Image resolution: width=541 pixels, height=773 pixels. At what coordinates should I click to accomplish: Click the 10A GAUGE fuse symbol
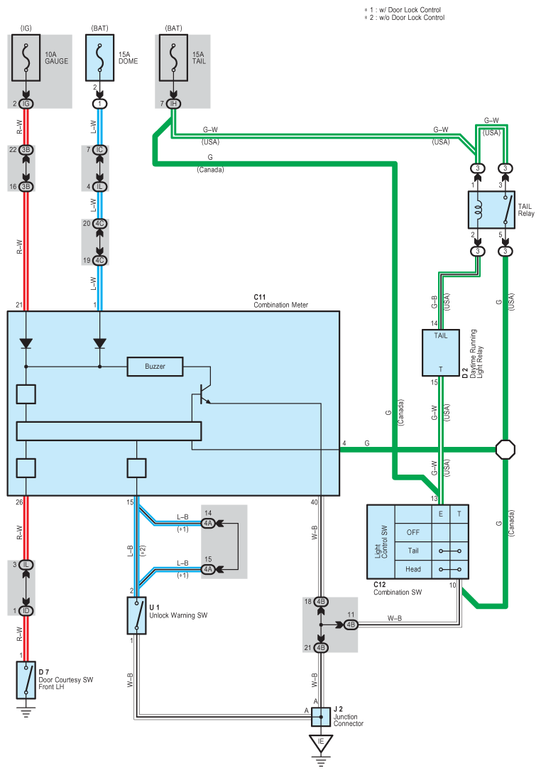[x=26, y=58]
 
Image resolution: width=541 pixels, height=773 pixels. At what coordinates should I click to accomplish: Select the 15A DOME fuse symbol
[x=100, y=58]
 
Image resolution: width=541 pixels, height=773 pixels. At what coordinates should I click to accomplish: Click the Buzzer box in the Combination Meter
[x=155, y=366]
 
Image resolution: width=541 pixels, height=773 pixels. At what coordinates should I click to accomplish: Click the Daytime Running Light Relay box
[x=442, y=352]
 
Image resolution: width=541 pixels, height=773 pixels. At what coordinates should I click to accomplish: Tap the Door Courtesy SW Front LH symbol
[x=26, y=681]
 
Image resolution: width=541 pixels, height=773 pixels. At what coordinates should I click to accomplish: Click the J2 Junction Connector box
[x=321, y=715]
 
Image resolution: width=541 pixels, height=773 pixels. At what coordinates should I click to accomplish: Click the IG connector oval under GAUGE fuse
[x=26, y=104]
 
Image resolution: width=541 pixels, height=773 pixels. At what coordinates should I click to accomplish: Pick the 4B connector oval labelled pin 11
[x=350, y=625]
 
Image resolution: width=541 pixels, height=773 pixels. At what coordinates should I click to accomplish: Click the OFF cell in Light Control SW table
[x=412, y=531]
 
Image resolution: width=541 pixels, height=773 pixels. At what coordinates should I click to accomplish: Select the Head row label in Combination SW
[x=412, y=569]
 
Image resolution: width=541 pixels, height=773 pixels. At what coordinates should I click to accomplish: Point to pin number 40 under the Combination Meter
[x=314, y=503]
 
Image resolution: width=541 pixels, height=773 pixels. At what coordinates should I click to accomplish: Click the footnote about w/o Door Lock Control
[x=405, y=18]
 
